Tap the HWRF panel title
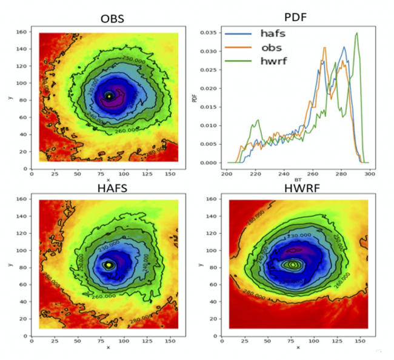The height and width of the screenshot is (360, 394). [295, 190]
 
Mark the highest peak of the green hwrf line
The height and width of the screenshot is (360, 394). [357, 33]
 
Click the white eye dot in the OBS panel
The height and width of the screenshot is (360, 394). [109, 96]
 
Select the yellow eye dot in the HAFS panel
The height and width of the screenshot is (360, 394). [109, 265]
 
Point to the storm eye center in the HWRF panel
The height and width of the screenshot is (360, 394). [293, 264]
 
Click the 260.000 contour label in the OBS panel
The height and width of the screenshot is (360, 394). [111, 129]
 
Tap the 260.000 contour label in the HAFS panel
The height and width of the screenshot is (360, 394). [106, 297]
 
